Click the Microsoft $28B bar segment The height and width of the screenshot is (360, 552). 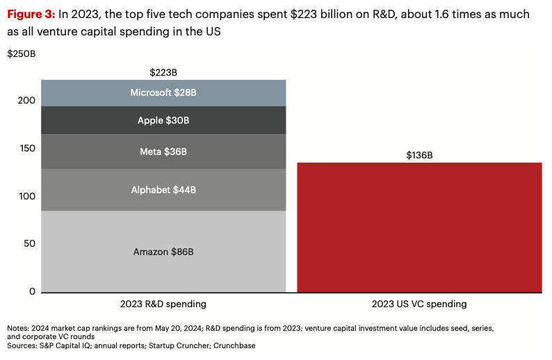click(163, 92)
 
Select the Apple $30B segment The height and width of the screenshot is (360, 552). click(163, 120)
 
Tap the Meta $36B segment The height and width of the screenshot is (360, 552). click(163, 152)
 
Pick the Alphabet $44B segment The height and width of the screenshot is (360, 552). click(163, 190)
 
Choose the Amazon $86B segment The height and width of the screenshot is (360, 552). click(163, 252)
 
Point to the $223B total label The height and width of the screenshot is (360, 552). click(163, 72)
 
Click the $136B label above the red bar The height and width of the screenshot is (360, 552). click(419, 155)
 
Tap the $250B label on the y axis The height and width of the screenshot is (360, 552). click(20, 54)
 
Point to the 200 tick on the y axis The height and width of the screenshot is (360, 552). click(26, 100)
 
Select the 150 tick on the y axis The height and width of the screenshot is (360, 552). click(26, 148)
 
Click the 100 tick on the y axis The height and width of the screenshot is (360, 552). click(26, 196)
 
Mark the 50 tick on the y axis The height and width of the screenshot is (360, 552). click(29, 244)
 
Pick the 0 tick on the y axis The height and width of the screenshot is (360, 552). click(32, 292)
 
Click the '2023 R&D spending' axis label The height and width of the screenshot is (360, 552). click(163, 304)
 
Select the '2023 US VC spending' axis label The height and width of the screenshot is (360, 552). click(419, 304)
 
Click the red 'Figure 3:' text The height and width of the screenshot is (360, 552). click(31, 14)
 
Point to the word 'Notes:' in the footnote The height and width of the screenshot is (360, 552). click(19, 327)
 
